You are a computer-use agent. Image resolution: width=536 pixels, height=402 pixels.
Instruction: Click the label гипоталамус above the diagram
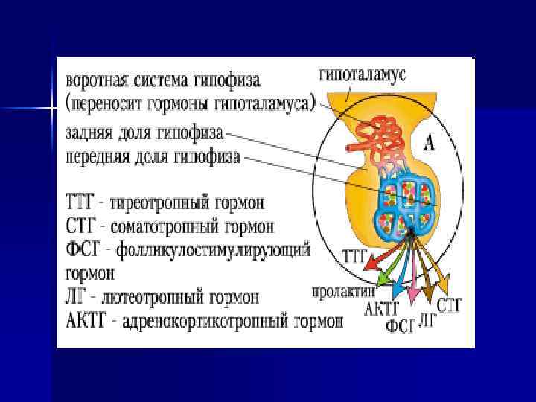pyautogui.click(x=363, y=74)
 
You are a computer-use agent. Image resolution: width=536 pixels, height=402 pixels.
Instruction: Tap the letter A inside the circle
pyautogui.click(x=430, y=141)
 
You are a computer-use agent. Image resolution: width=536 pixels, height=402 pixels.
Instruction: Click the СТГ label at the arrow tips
pyautogui.click(x=450, y=304)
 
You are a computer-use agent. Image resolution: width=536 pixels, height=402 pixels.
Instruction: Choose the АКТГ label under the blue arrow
pyautogui.click(x=383, y=308)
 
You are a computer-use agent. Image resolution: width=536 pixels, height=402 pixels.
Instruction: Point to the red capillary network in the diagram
pyautogui.click(x=380, y=137)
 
